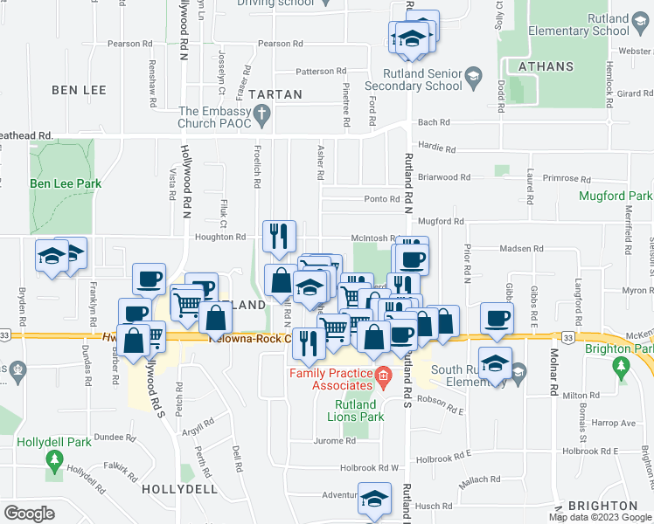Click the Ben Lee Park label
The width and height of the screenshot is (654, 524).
coord(66,184)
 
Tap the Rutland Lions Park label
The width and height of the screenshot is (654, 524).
coord(356,410)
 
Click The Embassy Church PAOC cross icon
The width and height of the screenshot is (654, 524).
coord(261,112)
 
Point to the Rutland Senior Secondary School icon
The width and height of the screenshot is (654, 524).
coord(473,77)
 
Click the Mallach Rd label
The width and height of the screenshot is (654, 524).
coord(479,479)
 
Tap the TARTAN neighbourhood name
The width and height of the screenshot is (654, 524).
coord(275,94)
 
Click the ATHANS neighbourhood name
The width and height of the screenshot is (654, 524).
coord(546,66)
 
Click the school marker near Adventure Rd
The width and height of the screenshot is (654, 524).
coord(374,499)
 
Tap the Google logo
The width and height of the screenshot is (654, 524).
coord(29,514)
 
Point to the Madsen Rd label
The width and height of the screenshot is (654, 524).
coord(521,249)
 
